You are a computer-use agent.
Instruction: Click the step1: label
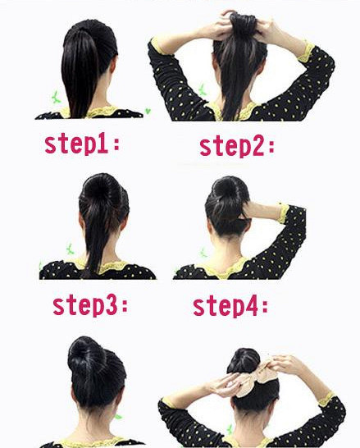82,145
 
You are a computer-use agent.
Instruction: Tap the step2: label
237,147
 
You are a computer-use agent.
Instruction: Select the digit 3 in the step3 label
112,306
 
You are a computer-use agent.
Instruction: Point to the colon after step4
264,308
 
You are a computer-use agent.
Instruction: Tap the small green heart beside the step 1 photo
148,111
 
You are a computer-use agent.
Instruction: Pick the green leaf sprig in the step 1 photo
56,98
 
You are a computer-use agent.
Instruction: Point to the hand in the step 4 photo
256,210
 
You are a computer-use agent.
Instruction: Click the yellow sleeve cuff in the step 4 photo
284,213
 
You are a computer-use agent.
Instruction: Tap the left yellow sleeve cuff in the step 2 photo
157,46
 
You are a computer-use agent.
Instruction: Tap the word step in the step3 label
79,306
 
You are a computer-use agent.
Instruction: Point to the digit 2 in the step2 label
258,147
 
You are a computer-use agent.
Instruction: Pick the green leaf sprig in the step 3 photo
70,249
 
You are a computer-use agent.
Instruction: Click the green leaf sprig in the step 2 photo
202,89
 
